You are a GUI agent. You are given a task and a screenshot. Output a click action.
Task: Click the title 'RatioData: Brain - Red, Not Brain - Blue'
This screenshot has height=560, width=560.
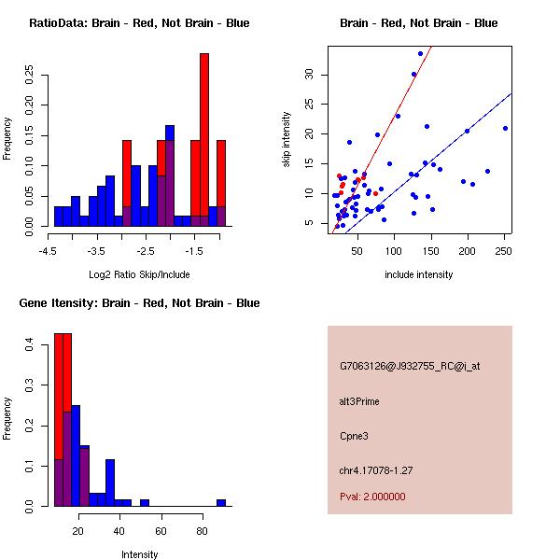(139, 23)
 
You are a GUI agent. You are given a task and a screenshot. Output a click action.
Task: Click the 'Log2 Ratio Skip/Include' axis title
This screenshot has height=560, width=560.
(138, 275)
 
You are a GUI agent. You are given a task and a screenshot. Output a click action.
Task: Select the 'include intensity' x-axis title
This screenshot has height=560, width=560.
(418, 275)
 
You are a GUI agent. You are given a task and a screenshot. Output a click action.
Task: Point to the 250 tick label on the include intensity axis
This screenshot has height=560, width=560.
(503, 251)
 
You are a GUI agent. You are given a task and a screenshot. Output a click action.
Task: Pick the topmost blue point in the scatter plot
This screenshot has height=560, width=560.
(420, 53)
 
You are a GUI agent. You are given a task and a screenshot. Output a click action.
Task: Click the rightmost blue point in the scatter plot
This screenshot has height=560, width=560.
(505, 128)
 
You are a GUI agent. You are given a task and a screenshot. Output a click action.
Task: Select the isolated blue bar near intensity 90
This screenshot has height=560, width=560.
(221, 502)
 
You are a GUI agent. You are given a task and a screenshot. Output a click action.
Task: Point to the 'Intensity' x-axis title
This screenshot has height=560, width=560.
(139, 555)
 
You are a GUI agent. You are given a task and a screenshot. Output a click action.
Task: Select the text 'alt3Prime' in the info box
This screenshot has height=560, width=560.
(360, 402)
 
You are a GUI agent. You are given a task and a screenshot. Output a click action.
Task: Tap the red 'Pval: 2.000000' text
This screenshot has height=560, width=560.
(372, 497)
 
